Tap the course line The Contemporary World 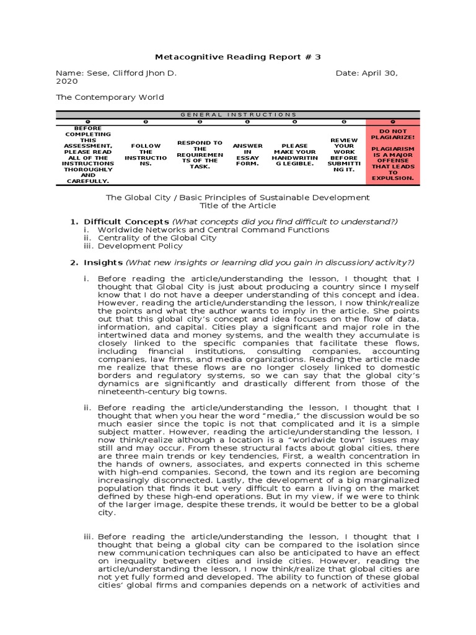(110, 97)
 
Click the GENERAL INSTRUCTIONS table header (238, 115)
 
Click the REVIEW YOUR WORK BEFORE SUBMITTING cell (344, 154)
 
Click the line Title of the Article (238, 205)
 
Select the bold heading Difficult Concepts (126, 221)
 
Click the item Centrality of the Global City (157, 238)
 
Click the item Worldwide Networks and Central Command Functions (214, 229)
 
